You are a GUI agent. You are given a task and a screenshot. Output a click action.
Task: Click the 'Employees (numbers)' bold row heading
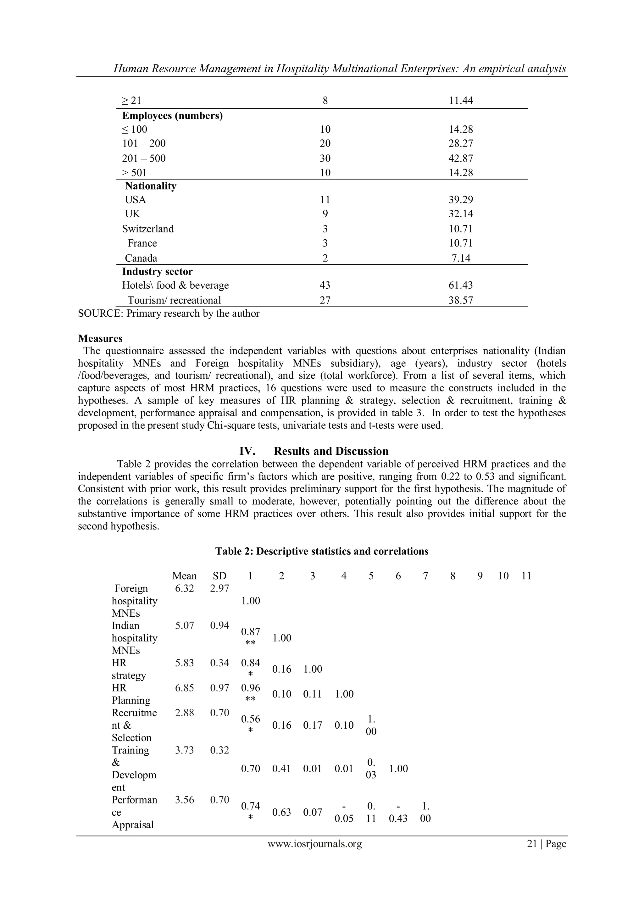(172, 115)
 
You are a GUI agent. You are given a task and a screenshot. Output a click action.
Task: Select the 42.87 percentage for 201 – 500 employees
(461, 158)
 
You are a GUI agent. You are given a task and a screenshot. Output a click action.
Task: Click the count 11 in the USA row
(325, 200)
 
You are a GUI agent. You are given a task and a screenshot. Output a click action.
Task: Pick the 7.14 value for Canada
(461, 258)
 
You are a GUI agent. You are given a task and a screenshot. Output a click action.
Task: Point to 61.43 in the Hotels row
(461, 285)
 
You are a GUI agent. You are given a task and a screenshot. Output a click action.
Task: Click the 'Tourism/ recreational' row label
(174, 300)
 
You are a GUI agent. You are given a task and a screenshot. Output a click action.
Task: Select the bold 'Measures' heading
(100, 338)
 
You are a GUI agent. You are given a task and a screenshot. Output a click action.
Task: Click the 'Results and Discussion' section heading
(331, 451)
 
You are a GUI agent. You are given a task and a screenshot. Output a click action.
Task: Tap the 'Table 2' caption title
(322, 551)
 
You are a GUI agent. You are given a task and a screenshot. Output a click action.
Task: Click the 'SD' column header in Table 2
(219, 576)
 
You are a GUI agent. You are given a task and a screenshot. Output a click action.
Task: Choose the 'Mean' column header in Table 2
(185, 576)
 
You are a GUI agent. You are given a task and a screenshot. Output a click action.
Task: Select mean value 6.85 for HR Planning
(185, 688)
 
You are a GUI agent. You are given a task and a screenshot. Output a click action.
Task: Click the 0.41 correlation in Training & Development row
(281, 769)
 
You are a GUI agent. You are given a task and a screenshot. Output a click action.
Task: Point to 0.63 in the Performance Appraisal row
(281, 812)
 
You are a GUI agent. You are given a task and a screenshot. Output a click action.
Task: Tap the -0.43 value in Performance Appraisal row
(398, 813)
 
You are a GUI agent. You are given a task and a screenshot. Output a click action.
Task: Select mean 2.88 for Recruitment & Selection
(185, 713)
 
